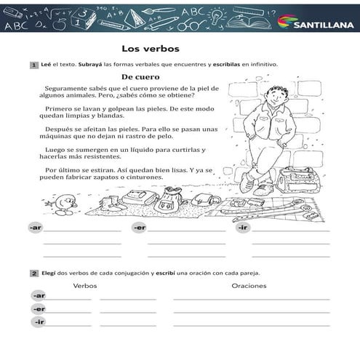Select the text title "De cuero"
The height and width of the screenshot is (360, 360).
point(140,76)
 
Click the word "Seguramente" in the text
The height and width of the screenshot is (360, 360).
point(63,88)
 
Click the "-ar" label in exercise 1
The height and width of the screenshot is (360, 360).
point(35,228)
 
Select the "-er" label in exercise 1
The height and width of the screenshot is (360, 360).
point(139,228)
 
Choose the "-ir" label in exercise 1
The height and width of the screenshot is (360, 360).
point(243,228)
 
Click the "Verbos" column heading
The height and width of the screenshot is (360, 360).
point(85,286)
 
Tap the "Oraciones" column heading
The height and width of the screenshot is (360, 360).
point(249,286)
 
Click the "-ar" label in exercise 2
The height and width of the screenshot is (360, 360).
point(39,296)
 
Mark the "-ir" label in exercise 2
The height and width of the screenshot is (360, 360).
point(39,321)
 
